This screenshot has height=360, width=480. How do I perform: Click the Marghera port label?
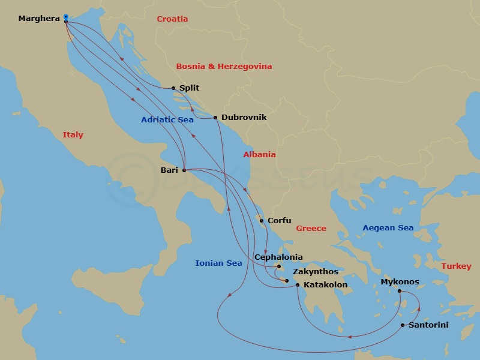(x=39, y=19)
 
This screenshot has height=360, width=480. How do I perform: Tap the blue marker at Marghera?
(x=65, y=17)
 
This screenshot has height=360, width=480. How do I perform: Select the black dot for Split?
(x=173, y=88)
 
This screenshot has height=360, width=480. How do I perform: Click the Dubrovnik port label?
(x=244, y=118)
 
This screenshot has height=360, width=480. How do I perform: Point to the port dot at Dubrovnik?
(x=215, y=118)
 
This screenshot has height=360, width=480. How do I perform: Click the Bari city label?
(x=169, y=170)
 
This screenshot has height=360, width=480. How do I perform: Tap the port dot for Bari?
(x=184, y=170)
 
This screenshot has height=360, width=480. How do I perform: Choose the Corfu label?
(x=279, y=221)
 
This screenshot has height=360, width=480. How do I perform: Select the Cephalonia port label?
(x=278, y=257)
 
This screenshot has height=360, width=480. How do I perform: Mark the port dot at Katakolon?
(x=298, y=285)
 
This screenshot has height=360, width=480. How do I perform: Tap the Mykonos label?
(x=400, y=282)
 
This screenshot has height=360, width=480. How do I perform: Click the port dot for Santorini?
(x=403, y=325)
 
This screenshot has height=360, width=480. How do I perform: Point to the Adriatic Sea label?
(x=167, y=120)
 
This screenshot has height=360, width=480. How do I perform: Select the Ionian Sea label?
(x=218, y=263)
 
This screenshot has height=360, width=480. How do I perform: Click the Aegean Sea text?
(x=388, y=228)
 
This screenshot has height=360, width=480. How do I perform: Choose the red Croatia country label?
(x=172, y=19)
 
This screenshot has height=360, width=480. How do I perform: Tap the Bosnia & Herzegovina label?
(x=224, y=67)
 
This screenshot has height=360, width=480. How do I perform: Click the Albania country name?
(x=259, y=155)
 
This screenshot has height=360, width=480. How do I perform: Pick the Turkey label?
(x=456, y=266)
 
